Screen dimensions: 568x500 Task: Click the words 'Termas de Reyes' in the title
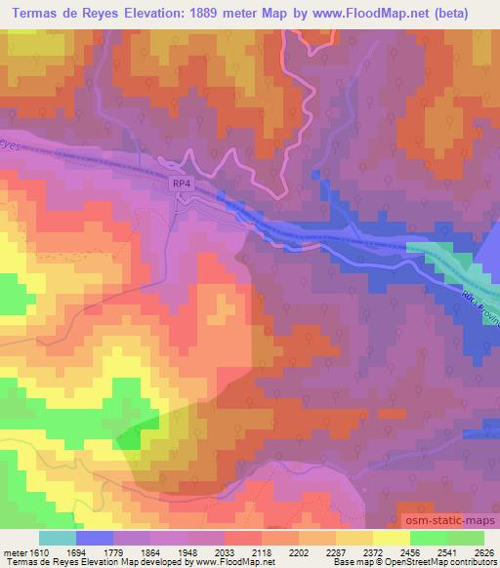pyautogui.click(x=66, y=14)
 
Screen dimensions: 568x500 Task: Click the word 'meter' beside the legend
pyautogui.click(x=13, y=552)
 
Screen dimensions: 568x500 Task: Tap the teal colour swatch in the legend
pyautogui.click(x=57, y=538)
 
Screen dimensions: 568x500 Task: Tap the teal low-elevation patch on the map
pyautogui.click(x=439, y=259)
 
